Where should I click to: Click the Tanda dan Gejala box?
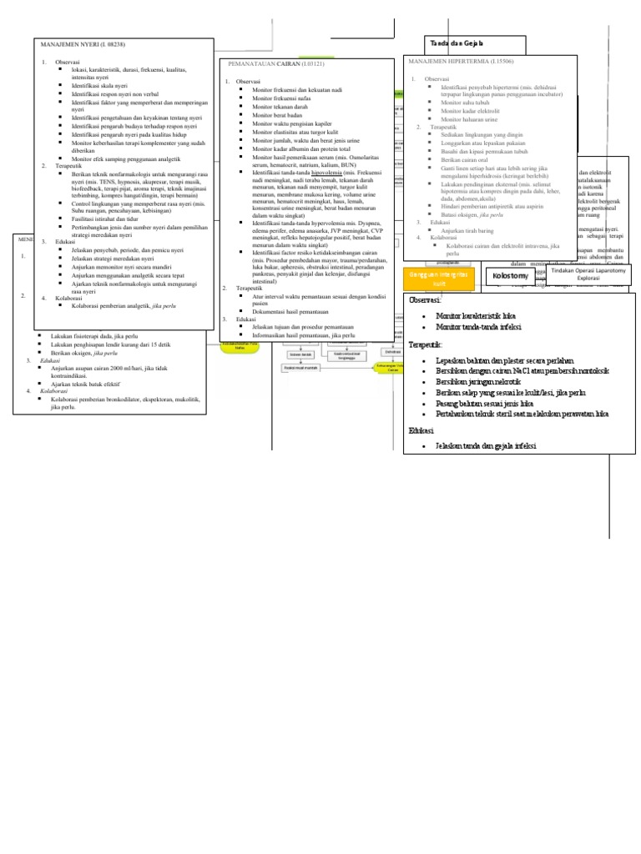[x=456, y=43]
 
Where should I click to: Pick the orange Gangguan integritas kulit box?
[x=437, y=279]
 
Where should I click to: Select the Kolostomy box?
[x=511, y=274]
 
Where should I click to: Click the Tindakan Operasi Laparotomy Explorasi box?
[x=589, y=274]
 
